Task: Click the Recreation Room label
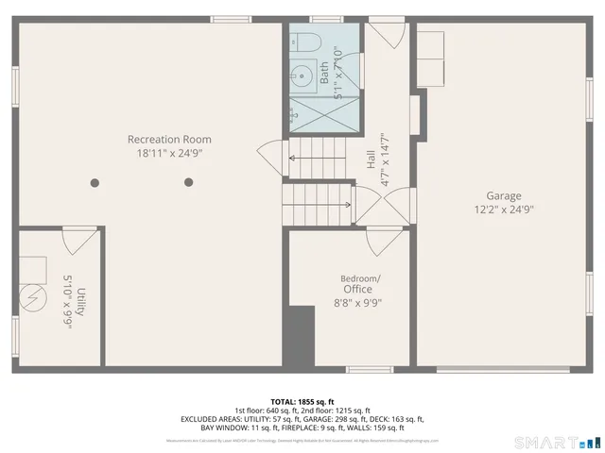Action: (169, 139)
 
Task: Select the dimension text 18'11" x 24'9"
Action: (169, 153)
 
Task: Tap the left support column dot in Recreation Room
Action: (94, 182)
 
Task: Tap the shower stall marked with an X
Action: (324, 110)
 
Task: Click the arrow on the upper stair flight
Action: (317, 158)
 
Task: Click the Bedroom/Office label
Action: (360, 284)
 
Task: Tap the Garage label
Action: (504, 196)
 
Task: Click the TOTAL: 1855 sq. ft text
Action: (302, 401)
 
